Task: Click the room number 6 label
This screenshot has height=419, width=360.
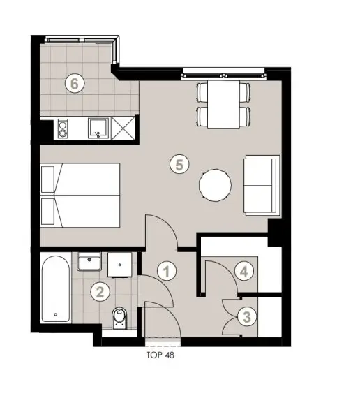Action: pos(75,83)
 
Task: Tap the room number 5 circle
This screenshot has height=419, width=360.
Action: pos(179,165)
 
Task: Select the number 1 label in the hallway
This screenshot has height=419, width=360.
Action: pos(167,270)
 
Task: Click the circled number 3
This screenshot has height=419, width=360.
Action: pos(244,316)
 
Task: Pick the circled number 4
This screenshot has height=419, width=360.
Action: pos(242,271)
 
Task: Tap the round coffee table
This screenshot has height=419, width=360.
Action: pos(216,186)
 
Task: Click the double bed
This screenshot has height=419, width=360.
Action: pos(80,196)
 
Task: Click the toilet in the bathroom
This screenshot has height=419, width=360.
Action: pos(119,318)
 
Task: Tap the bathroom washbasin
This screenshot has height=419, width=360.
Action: pos(91,263)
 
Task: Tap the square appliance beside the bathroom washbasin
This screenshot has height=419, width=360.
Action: pos(122,263)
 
